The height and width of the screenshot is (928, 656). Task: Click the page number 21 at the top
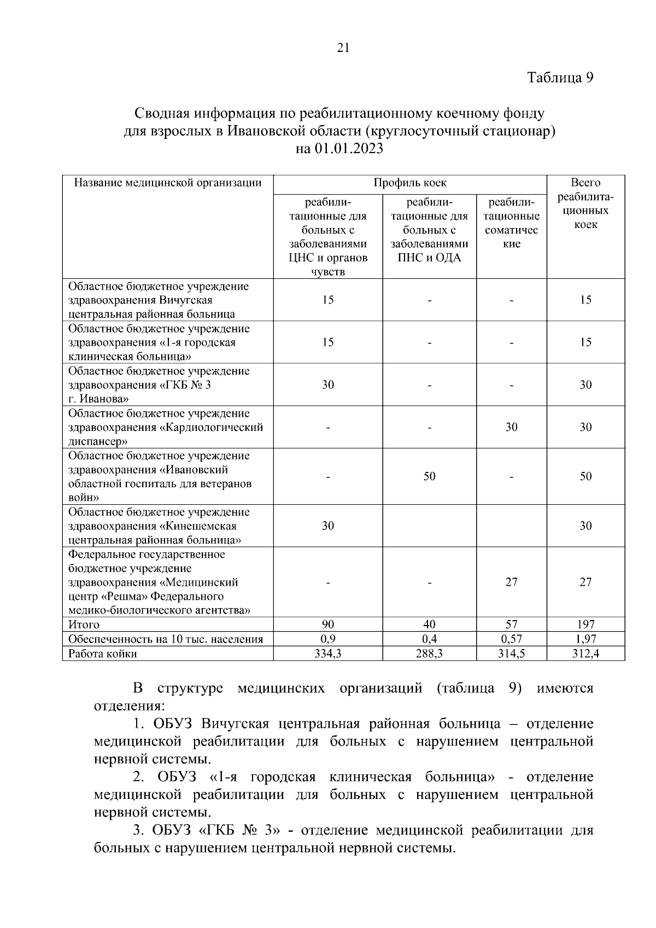point(343,48)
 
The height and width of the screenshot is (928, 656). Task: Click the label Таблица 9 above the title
point(560,78)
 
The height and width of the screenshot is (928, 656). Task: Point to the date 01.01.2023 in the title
point(349,149)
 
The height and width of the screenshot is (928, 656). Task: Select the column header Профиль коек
point(409,183)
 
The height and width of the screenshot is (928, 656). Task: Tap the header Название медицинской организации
point(168,183)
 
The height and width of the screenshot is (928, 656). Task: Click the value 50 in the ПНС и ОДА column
point(429,476)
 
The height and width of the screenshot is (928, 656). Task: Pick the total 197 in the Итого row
point(585,624)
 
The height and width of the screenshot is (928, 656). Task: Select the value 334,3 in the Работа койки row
point(327,653)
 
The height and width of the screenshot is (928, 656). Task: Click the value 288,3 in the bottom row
point(429,653)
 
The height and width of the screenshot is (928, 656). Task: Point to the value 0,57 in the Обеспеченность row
point(511,639)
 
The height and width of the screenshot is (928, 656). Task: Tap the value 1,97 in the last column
point(585,639)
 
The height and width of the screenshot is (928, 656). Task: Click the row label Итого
point(84,624)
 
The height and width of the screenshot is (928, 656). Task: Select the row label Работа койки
point(102,653)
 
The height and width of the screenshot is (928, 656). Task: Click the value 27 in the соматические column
point(511,582)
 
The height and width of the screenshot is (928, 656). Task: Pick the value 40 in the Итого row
point(429,624)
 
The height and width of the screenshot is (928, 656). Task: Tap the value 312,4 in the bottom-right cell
point(585,653)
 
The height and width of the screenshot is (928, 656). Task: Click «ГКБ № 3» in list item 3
point(241,830)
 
